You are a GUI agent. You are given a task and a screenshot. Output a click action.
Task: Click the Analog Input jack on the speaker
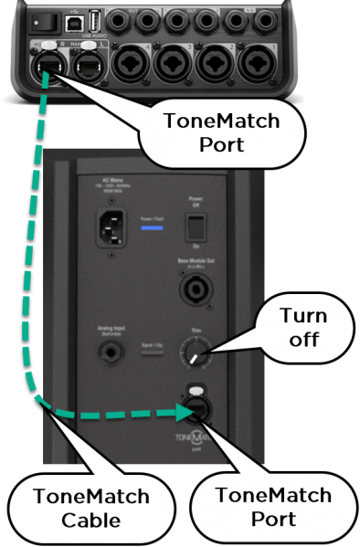120,355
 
